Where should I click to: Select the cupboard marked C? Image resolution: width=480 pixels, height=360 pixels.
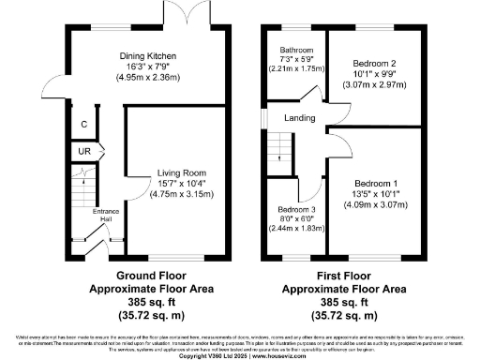point(84,124)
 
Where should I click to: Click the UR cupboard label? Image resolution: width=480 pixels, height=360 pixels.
point(82,151)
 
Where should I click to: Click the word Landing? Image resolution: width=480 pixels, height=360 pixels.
point(301,117)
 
